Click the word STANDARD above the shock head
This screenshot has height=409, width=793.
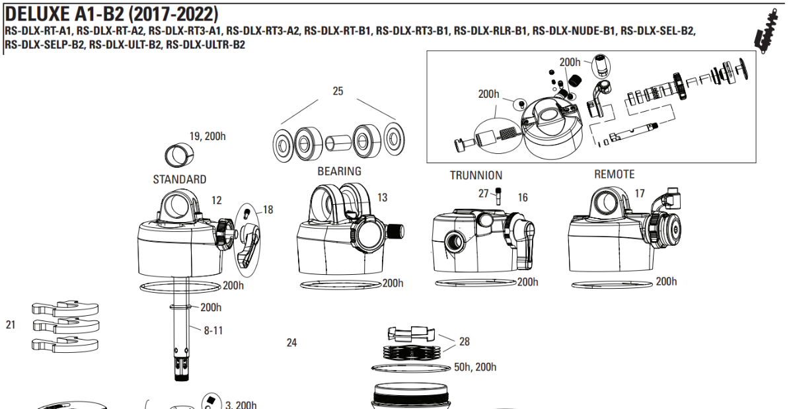click(179, 179)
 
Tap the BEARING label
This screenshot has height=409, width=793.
click(339, 171)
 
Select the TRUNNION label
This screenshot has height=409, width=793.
click(476, 175)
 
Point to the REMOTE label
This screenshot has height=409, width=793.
click(614, 174)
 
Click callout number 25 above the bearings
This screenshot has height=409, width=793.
click(338, 91)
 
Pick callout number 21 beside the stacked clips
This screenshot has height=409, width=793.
click(11, 325)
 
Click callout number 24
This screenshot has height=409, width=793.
click(292, 342)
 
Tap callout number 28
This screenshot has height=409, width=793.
click(465, 342)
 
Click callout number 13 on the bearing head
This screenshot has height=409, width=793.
click(382, 197)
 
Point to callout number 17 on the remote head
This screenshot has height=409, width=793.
click(639, 194)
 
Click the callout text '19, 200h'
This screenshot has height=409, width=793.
click(208, 136)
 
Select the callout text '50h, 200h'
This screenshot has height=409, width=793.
click(475, 367)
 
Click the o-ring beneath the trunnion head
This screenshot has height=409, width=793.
click(476, 283)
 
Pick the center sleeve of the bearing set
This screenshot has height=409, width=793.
click(338, 142)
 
